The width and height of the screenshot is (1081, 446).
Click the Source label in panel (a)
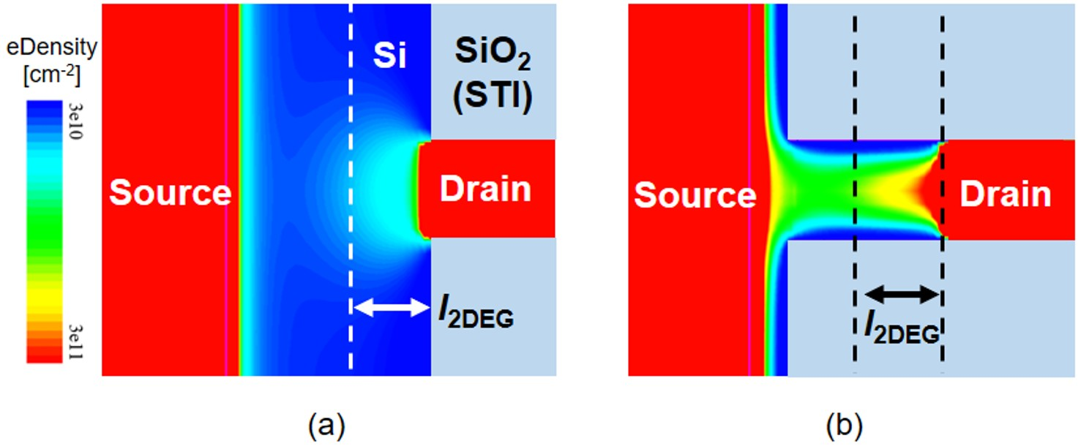click(x=170, y=194)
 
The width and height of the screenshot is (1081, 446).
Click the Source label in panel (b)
click(x=695, y=196)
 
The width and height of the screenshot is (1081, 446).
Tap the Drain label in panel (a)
click(x=485, y=189)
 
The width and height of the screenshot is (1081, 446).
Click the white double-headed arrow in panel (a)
click(x=391, y=309)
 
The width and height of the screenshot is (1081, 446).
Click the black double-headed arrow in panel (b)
click(x=901, y=295)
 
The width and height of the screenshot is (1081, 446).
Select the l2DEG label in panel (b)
click(x=901, y=330)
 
